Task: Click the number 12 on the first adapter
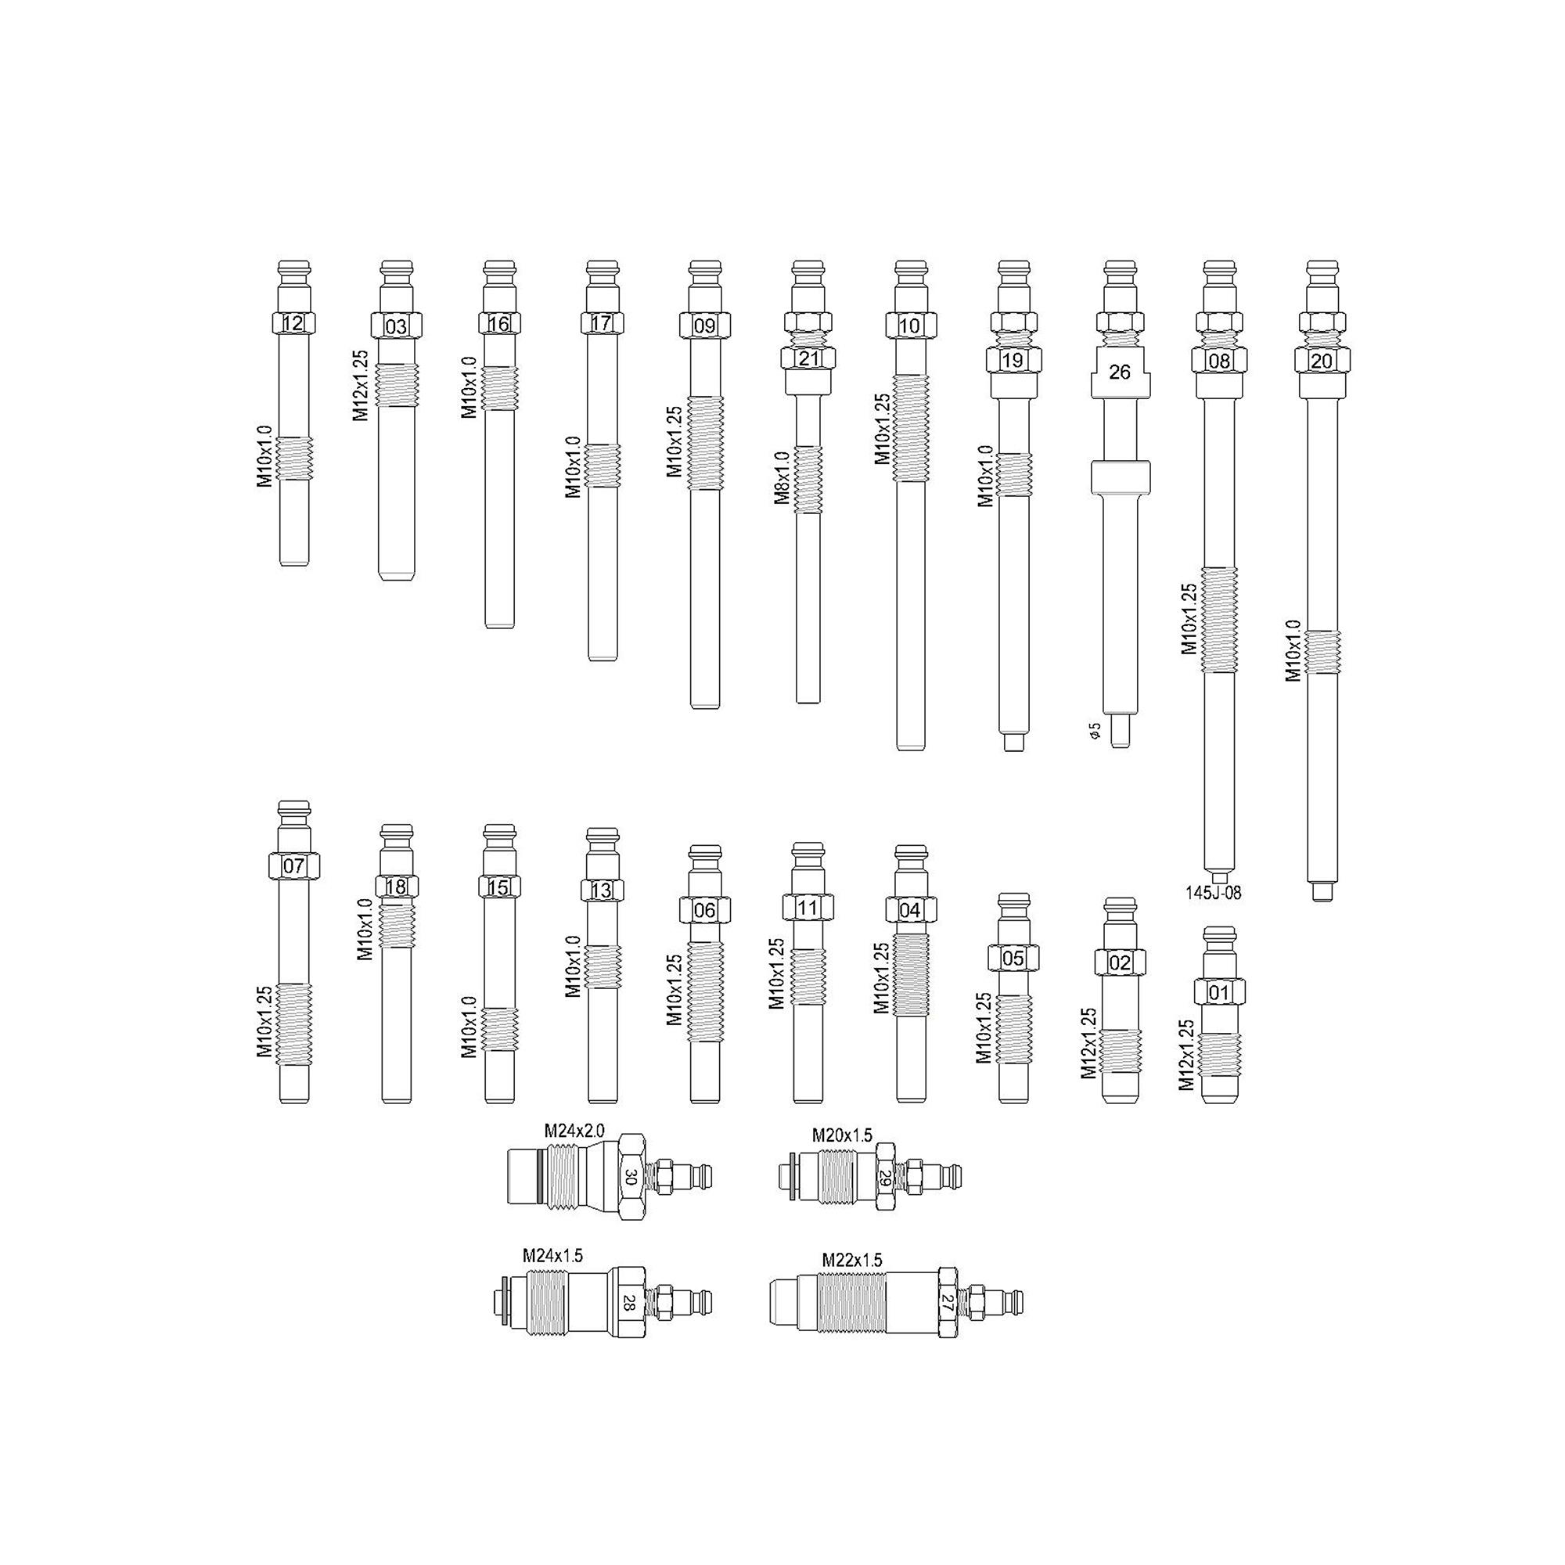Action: (x=293, y=324)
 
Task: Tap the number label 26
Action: (x=1120, y=372)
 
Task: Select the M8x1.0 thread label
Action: (x=782, y=478)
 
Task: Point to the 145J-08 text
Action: (x=1214, y=894)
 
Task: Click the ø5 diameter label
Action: (x=1095, y=731)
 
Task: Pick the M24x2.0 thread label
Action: (x=574, y=1131)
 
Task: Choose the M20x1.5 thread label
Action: (x=843, y=1135)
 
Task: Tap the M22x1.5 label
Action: (x=852, y=1261)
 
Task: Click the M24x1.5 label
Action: (x=552, y=1256)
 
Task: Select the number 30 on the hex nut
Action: (x=631, y=1176)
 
